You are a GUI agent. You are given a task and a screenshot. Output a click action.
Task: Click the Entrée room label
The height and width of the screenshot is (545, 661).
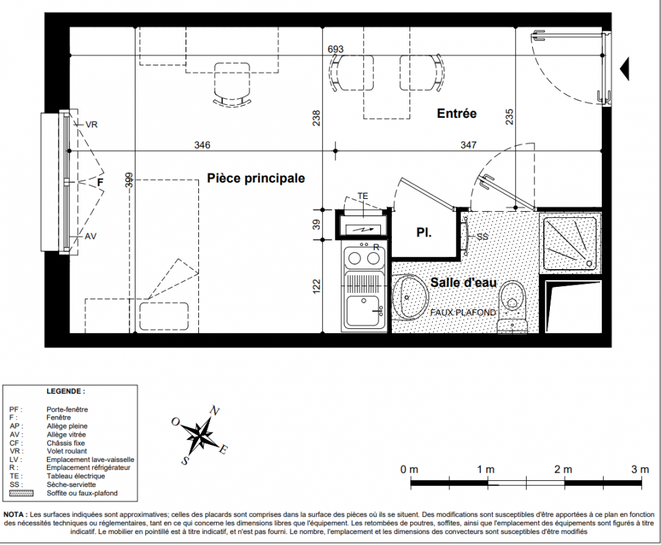(x=457, y=113)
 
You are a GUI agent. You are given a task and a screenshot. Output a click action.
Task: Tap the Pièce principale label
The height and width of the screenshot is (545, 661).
(x=256, y=178)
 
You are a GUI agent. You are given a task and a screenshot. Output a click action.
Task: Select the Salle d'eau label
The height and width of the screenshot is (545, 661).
(x=463, y=283)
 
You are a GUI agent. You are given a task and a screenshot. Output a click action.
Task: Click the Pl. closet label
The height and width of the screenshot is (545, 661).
(x=424, y=233)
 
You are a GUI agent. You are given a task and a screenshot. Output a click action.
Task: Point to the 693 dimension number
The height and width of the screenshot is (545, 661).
(x=335, y=49)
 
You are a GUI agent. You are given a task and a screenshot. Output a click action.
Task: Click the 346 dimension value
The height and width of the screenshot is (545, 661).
(x=202, y=145)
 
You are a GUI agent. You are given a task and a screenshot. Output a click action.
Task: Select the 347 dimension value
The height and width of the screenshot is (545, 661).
(x=468, y=145)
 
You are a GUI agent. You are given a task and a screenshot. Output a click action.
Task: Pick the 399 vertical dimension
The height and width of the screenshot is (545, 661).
(x=129, y=180)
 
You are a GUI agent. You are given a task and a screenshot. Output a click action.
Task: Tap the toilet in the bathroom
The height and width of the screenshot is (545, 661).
(x=512, y=307)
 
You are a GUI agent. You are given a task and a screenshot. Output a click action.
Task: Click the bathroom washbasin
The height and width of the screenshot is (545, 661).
(x=408, y=298)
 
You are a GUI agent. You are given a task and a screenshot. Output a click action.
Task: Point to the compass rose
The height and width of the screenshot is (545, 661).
(x=200, y=435)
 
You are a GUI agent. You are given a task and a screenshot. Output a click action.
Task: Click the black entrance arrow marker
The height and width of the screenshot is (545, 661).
(x=624, y=68)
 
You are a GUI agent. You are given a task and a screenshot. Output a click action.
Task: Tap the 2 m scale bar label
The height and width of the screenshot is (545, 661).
(x=563, y=469)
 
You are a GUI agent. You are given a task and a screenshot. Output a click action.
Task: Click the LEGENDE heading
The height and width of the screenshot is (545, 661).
(x=66, y=391)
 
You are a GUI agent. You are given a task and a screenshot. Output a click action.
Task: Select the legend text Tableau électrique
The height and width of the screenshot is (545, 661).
(x=76, y=476)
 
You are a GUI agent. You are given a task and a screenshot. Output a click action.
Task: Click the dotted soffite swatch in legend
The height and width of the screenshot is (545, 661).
(x=21, y=493)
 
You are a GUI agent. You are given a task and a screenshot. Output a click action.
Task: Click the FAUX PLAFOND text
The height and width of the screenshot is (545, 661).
(x=463, y=313)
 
